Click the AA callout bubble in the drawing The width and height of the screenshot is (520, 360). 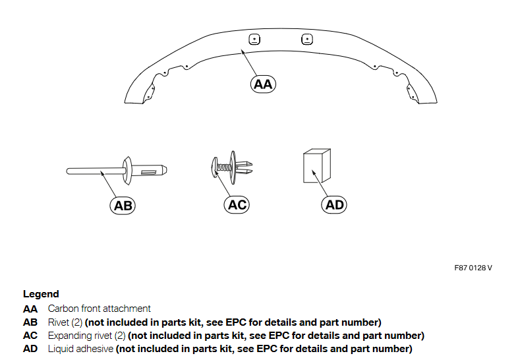(x=263, y=84)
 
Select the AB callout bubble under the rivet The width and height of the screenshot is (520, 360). (x=123, y=206)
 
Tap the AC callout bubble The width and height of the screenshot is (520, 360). (x=237, y=205)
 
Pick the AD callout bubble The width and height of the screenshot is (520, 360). (x=335, y=205)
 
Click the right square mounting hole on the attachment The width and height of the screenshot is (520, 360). (x=306, y=38)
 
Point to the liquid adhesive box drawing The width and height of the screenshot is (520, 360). (x=315, y=166)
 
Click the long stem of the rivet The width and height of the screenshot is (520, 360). (x=92, y=172)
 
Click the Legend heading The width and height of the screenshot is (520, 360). (x=41, y=294)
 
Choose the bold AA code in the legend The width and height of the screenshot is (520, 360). (x=30, y=309)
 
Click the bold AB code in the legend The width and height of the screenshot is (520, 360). (x=30, y=322)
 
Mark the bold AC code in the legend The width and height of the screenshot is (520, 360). (x=30, y=336)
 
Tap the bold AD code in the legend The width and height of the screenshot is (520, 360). (x=30, y=349)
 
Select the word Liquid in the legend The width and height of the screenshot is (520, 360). (x=61, y=349)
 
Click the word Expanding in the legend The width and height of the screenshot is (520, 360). (x=70, y=336)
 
